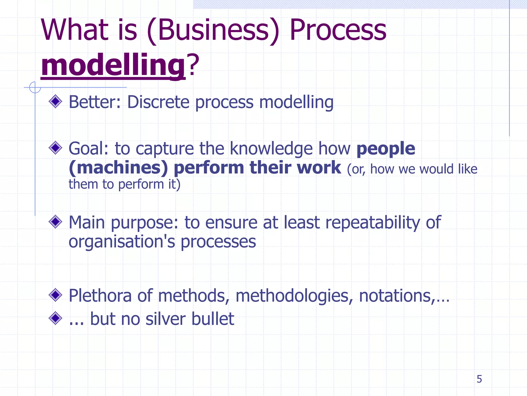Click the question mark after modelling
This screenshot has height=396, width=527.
(x=194, y=64)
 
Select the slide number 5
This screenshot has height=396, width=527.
(x=479, y=379)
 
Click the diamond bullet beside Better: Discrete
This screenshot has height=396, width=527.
(x=55, y=102)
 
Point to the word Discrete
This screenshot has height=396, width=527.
(x=158, y=102)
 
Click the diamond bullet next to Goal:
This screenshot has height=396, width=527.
(x=55, y=148)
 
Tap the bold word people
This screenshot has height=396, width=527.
(x=385, y=149)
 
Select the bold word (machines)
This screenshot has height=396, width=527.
(x=118, y=168)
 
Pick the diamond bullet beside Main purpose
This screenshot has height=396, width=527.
(x=55, y=222)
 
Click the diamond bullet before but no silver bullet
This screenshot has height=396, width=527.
(x=55, y=318)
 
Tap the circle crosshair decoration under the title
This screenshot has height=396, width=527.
(x=35, y=87)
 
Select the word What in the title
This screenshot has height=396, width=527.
(x=75, y=30)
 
